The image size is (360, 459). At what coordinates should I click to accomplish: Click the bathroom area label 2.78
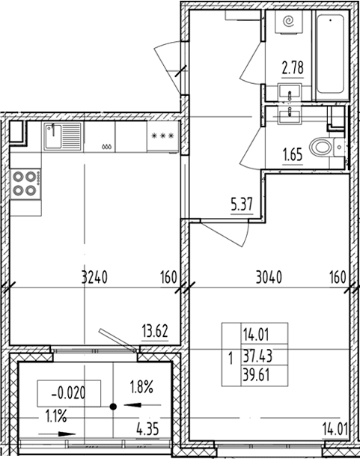[293, 68]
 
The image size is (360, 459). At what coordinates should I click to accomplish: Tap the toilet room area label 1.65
[293, 155]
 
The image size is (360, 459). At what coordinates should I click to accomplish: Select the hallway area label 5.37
[242, 204]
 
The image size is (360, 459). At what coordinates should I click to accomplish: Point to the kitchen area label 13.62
[155, 332]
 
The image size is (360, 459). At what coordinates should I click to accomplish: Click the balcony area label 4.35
[147, 430]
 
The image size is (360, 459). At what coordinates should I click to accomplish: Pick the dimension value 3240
[94, 277]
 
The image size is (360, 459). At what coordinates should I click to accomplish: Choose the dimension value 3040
[269, 277]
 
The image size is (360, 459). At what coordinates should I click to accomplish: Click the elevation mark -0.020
[69, 393]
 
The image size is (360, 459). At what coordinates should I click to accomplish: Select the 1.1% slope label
[56, 416]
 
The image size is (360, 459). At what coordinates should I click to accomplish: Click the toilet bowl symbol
[321, 148]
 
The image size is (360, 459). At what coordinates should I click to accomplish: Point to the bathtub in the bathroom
[331, 54]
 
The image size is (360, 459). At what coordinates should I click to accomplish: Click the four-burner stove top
[25, 184]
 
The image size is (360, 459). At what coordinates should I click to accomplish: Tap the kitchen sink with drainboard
[63, 137]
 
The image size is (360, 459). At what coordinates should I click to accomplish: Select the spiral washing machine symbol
[289, 22]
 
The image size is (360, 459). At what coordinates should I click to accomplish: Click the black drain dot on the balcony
[113, 407]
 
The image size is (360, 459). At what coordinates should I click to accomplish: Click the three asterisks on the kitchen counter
[162, 136]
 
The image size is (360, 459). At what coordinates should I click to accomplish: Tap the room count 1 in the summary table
[231, 359]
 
